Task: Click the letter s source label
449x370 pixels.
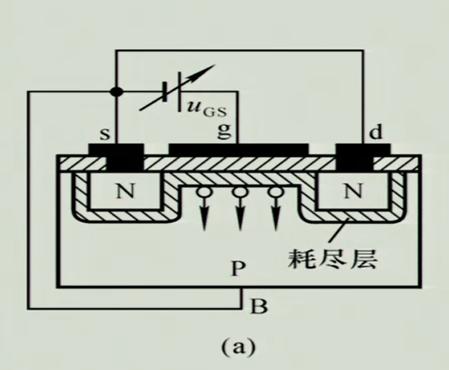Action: pos(105,134)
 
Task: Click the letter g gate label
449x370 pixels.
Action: pos(224,131)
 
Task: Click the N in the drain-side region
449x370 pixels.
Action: pos(353,191)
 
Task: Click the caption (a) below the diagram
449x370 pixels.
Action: pos(238,346)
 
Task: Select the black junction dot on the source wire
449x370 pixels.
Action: pos(117,92)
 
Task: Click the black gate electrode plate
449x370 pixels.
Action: pos(238,149)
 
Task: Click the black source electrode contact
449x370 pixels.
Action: pos(125,157)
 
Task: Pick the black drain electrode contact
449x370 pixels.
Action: pos(354,157)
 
